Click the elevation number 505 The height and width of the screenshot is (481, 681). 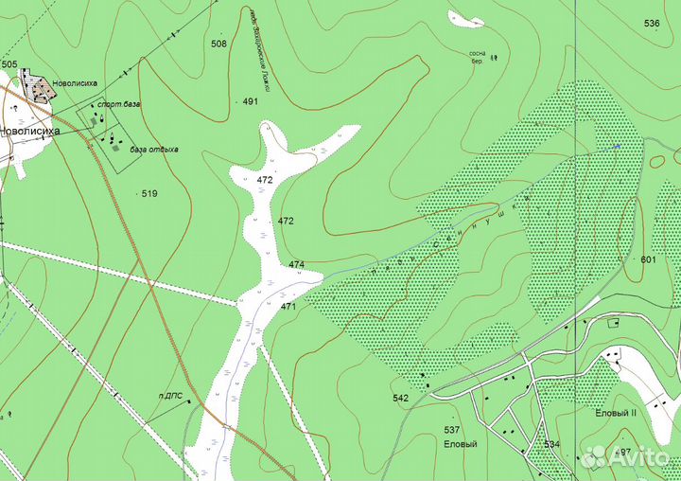pyautogui.click(x=9, y=64)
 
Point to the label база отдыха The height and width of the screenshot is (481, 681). pyautogui.click(x=154, y=150)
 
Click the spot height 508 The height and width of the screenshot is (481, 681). pyautogui.click(x=218, y=44)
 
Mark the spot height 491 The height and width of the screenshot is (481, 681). pyautogui.click(x=251, y=101)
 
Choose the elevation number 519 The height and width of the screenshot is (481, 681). pyautogui.click(x=149, y=193)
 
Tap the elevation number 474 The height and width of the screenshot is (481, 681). pyautogui.click(x=297, y=264)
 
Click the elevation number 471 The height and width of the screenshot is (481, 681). pyautogui.click(x=288, y=306)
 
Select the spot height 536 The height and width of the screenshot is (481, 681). pyautogui.click(x=652, y=23)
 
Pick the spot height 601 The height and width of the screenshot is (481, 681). pyautogui.click(x=648, y=259)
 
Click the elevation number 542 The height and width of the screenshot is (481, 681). pyautogui.click(x=400, y=398)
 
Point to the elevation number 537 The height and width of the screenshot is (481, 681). pyautogui.click(x=452, y=430)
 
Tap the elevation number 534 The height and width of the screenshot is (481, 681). pyautogui.click(x=551, y=443)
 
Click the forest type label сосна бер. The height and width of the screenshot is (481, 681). pyautogui.click(x=477, y=60)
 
